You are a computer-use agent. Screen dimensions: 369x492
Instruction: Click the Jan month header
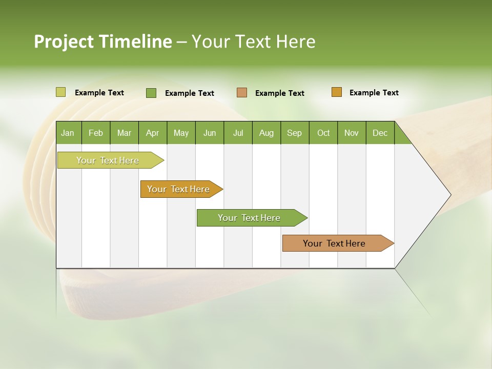[x=68, y=133]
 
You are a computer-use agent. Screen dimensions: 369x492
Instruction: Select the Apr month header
[x=153, y=133]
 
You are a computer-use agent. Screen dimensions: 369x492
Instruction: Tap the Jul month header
[x=238, y=133]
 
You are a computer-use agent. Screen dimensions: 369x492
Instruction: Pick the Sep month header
[x=294, y=133]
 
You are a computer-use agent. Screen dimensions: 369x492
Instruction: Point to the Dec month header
[x=380, y=133]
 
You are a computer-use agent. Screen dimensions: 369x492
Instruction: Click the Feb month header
[x=96, y=133]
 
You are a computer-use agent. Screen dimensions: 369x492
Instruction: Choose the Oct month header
[x=323, y=133]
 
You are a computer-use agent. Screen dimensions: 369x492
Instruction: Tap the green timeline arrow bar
[x=250, y=218]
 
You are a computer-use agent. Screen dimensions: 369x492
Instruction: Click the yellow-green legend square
[x=60, y=92]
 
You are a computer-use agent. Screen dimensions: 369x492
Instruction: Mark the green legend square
[x=151, y=93]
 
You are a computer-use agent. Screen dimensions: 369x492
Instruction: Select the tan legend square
[x=242, y=93]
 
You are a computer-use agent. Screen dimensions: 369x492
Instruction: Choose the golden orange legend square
[x=336, y=92]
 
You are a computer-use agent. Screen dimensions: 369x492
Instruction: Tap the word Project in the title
[x=64, y=42]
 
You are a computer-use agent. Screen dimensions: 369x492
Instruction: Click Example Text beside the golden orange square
[x=374, y=92]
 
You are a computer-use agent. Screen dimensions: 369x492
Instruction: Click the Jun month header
[x=210, y=133]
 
